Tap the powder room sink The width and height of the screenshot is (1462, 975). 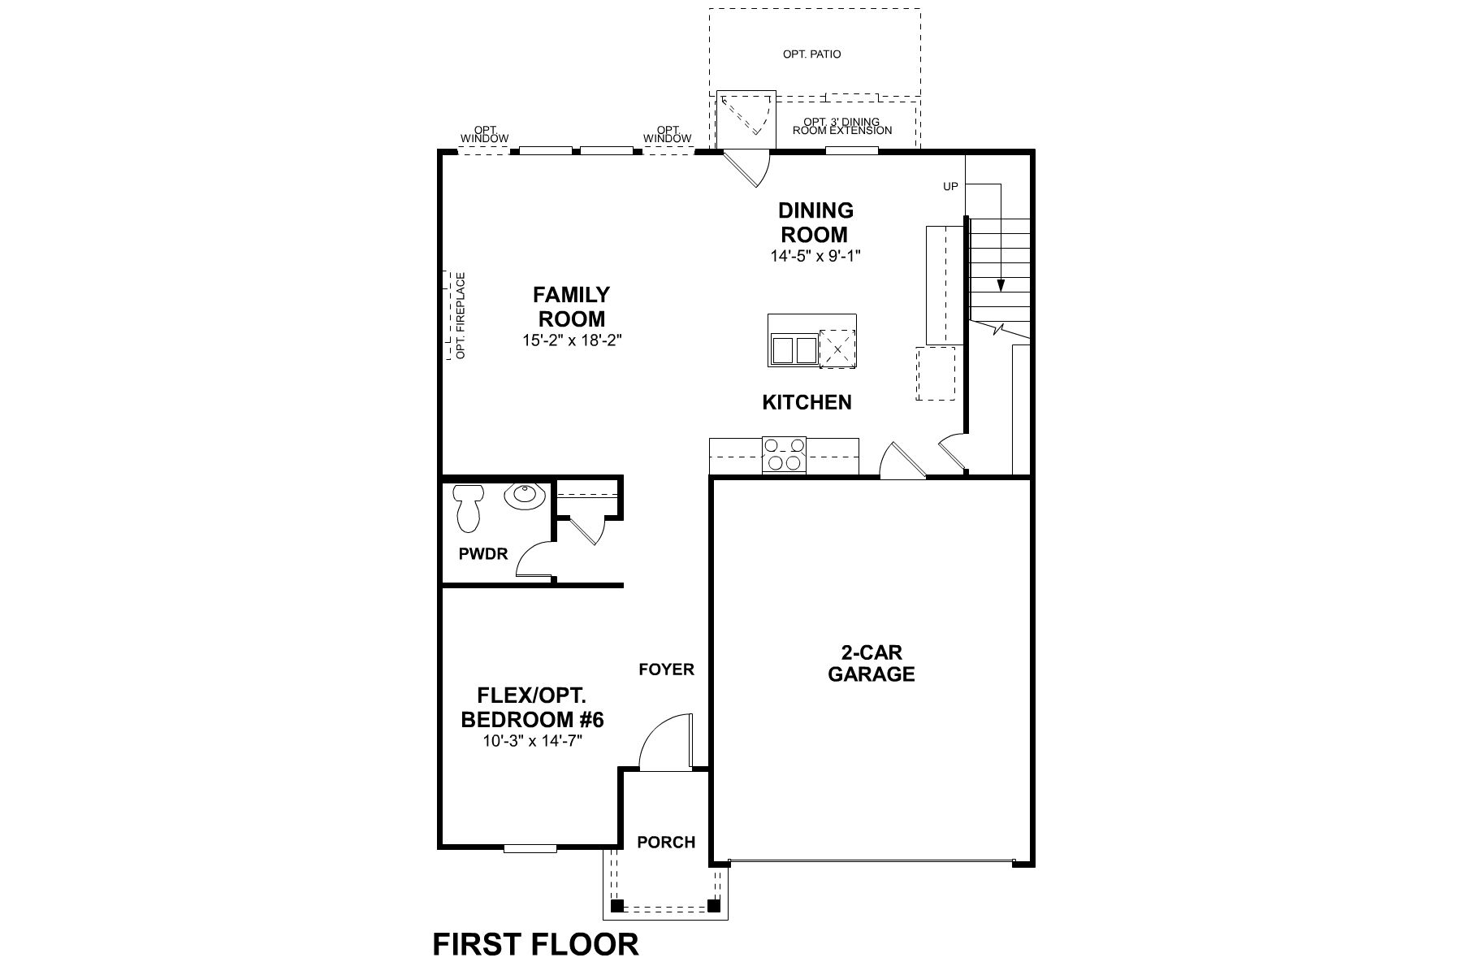[x=523, y=496]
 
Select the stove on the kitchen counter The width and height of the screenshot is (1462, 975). [x=785, y=454]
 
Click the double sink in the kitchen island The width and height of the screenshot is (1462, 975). [x=794, y=351]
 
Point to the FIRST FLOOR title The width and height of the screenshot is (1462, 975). [x=536, y=944]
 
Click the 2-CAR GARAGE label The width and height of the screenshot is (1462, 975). [x=871, y=664]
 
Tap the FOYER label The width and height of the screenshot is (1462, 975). [x=666, y=669]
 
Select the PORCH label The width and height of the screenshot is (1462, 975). [x=666, y=843]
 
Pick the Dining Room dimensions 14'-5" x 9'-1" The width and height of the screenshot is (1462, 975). [x=815, y=256]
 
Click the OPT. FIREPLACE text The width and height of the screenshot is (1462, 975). [x=461, y=316]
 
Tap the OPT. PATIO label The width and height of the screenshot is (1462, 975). [x=811, y=54]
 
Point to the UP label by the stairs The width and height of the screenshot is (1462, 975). [x=950, y=187]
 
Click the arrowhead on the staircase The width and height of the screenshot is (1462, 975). [x=1001, y=285]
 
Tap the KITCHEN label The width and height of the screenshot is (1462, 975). [x=807, y=402]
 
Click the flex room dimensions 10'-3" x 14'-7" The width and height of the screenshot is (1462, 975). [x=532, y=741]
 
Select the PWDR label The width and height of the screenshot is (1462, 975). [x=483, y=554]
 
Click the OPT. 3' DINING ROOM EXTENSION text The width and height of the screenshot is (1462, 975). [x=842, y=126]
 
